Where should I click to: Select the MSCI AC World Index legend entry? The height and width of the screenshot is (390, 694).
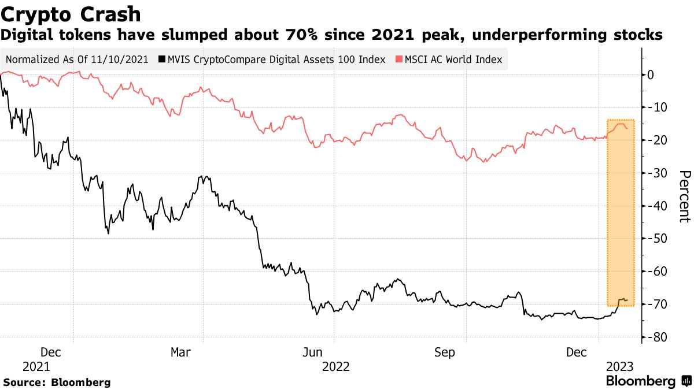pos(449,60)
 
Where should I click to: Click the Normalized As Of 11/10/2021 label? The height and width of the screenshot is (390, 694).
pos(77,60)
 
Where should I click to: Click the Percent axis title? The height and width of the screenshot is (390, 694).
pos(684,196)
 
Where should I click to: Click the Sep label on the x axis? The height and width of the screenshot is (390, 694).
pos(445,352)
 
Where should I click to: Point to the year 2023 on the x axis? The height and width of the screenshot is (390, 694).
pos(619,366)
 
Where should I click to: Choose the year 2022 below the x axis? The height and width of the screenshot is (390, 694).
pos(336,366)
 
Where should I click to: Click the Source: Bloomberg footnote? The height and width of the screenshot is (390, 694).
pos(57,382)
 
